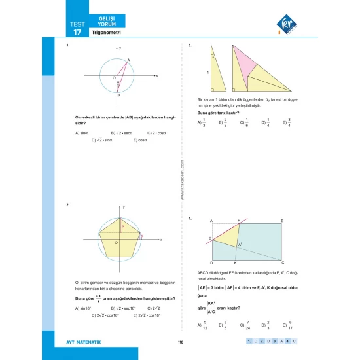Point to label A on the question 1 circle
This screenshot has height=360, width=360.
coord(128,60)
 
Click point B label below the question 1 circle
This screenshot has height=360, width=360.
coord(118,96)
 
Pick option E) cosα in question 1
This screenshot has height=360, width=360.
coord(139,140)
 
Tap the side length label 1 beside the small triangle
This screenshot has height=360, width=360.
coord(207,72)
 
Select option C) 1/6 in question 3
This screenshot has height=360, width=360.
coord(243,122)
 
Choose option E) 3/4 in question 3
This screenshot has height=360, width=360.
coord(287,122)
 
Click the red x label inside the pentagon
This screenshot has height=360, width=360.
coord(124,225)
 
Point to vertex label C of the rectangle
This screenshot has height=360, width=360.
coord(282,262)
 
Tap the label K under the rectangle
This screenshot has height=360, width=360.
coord(235,262)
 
